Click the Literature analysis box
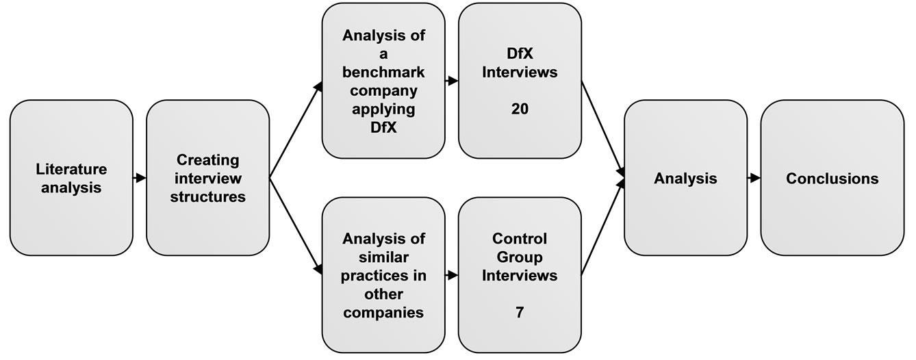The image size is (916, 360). click(71, 177)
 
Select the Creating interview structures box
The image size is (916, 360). click(207, 177)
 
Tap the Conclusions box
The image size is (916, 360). click(832, 177)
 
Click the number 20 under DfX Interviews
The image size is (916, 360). click(520, 109)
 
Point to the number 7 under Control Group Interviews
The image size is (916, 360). click(520, 313)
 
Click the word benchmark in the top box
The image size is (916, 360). click(384, 73)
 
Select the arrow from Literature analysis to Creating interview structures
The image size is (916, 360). click(140, 178)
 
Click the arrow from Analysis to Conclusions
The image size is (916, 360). click(754, 178)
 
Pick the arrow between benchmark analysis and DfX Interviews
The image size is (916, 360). click(451, 81)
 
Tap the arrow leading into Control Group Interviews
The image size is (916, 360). click(451, 276)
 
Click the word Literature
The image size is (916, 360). click(71, 168)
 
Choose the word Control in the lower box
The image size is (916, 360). click(520, 240)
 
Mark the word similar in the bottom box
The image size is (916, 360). click(384, 257)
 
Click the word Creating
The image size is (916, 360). click(207, 159)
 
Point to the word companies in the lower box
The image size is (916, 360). click(384, 313)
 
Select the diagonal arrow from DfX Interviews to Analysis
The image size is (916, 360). click(602, 127)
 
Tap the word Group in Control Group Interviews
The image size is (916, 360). click(520, 257)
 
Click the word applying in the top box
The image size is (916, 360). click(384, 110)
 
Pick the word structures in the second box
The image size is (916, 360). click(207, 196)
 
